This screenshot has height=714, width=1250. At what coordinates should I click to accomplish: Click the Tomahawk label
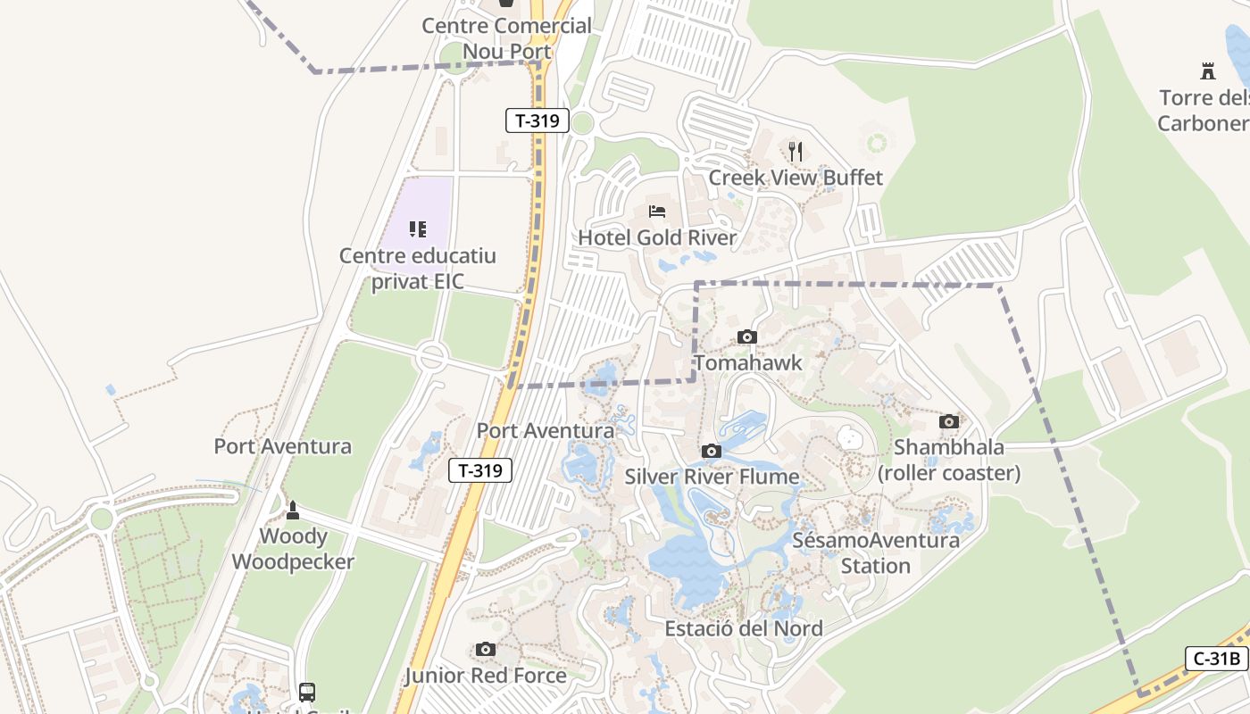(x=748, y=363)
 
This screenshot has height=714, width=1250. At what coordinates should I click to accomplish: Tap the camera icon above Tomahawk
(x=747, y=336)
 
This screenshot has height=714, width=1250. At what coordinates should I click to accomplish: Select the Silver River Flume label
(x=712, y=477)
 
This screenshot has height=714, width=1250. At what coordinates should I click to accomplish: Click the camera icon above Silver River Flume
(x=711, y=451)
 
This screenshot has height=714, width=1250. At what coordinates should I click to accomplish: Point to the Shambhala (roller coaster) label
(x=948, y=460)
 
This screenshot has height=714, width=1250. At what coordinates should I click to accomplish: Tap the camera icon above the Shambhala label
(x=948, y=421)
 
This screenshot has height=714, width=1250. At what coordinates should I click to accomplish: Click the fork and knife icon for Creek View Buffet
(x=796, y=151)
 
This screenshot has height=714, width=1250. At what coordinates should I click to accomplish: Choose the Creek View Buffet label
(x=796, y=178)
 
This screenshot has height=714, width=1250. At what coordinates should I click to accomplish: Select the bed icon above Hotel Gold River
(x=657, y=212)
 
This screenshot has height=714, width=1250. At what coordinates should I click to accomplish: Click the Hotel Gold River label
(x=657, y=237)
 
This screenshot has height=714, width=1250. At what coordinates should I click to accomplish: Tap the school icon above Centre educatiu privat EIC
(x=418, y=229)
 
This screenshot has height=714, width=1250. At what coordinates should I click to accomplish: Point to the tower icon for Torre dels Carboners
(x=1208, y=71)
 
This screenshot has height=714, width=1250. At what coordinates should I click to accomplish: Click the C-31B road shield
(x=1217, y=659)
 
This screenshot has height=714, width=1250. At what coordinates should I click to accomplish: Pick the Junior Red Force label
(x=486, y=676)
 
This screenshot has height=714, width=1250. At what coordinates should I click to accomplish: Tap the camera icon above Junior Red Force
(x=485, y=649)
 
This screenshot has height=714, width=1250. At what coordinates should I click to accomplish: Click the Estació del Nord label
(x=744, y=628)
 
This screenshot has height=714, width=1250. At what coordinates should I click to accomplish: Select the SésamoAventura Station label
(x=876, y=552)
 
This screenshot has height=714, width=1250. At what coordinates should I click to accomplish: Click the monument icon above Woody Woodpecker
(x=292, y=511)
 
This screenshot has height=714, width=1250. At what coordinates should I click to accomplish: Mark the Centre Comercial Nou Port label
(x=506, y=38)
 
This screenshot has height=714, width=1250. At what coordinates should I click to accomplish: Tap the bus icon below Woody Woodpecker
(x=306, y=692)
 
